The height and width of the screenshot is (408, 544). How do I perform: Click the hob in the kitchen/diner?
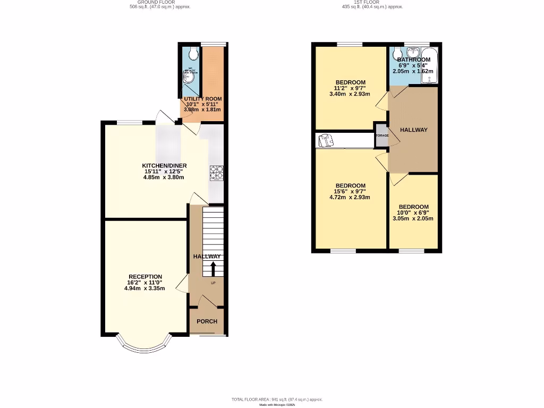coord(217,173)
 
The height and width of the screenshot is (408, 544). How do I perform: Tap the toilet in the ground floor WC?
coord(192,53)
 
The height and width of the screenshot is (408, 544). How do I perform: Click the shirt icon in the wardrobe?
coord(326,140)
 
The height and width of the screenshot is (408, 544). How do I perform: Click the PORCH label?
coord(207,321)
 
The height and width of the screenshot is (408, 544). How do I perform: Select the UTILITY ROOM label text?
coord(202,99)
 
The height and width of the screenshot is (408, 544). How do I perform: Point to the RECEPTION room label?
coord(145,276)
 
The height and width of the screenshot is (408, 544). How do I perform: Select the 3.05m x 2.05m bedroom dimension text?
coord(413,218)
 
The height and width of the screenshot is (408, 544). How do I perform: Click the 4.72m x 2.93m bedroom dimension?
coord(350,197)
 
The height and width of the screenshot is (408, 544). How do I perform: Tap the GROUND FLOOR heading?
coord(160,2)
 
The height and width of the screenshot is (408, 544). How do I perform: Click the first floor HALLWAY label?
coord(413,130)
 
